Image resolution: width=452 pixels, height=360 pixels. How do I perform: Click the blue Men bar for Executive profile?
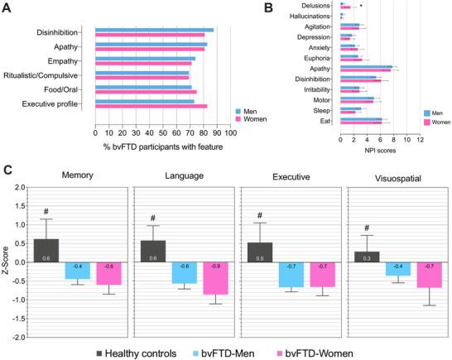pos(145,102)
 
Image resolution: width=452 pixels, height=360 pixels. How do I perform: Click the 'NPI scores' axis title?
pos(377,150)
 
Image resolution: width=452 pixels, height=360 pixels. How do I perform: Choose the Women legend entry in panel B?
pos(438,122)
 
